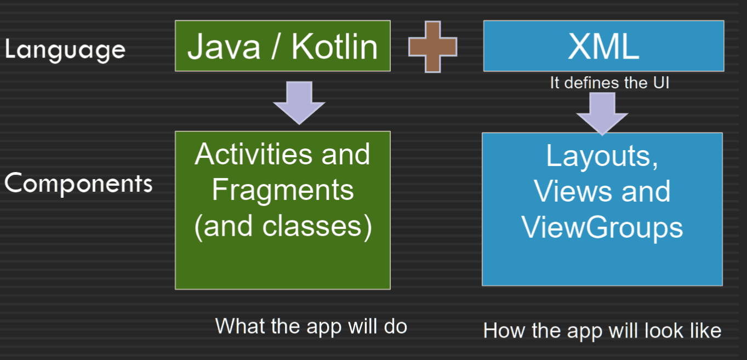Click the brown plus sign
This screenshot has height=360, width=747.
(x=432, y=47)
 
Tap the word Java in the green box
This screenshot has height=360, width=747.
(x=224, y=47)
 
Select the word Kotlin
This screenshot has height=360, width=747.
(x=334, y=47)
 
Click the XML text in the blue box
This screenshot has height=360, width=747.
(x=603, y=47)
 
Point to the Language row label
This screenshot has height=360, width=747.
(x=65, y=50)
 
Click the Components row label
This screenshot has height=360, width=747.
(x=78, y=183)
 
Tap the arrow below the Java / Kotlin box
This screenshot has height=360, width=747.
(x=299, y=103)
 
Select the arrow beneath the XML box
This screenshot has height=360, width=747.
(x=602, y=114)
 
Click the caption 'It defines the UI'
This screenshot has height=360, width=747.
(x=609, y=83)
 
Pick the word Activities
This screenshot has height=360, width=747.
(x=253, y=154)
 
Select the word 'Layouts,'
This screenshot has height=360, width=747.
(x=602, y=156)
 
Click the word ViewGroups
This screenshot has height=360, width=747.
(x=602, y=228)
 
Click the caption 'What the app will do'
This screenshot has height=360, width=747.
(x=311, y=326)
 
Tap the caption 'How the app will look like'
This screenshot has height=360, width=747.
(x=602, y=330)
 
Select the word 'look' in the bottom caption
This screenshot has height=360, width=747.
(x=664, y=330)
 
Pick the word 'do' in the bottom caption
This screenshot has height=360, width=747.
(x=396, y=326)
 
